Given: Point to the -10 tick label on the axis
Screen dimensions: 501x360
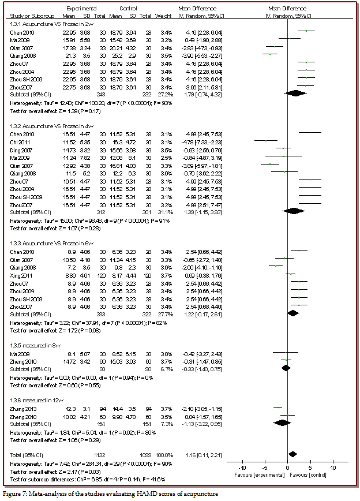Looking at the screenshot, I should coord(242,468).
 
